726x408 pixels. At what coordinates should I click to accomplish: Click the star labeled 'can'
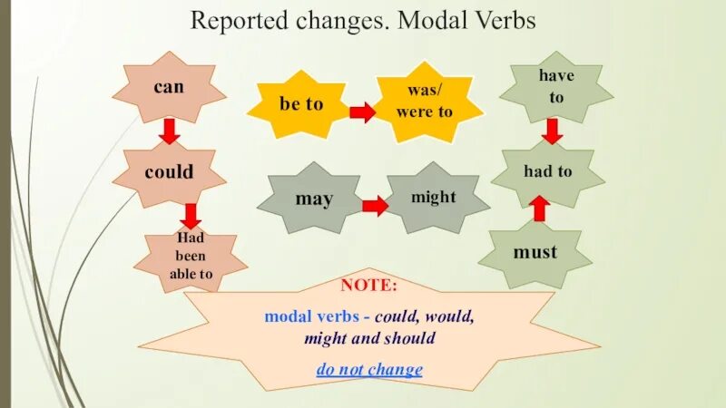[168, 89]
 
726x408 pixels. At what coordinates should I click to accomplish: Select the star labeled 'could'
[170, 171]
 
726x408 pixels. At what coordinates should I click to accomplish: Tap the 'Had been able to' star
[191, 257]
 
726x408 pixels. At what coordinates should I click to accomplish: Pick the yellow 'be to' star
[301, 104]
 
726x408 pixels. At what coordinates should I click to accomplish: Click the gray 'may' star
[314, 199]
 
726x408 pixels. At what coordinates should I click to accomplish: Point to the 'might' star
[434, 197]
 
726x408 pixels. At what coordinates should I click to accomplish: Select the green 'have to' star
[556, 86]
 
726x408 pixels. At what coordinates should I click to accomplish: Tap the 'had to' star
[548, 171]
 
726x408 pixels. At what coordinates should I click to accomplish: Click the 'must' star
[535, 251]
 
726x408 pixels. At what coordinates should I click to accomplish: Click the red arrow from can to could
[169, 132]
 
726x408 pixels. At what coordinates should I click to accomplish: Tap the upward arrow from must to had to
[539, 209]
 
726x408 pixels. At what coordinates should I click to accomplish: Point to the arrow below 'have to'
[552, 131]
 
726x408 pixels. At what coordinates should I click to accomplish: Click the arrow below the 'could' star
[190, 216]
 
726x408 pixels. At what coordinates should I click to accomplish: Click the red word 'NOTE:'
[368, 286]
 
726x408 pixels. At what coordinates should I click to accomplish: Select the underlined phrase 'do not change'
[368, 370]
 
